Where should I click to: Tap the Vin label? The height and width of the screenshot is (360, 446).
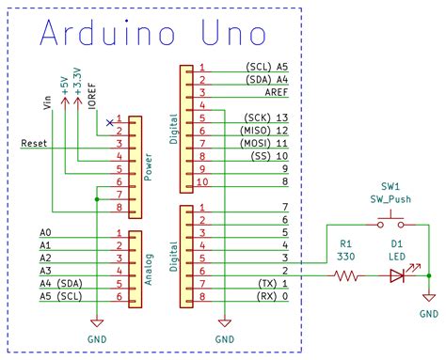tap(47, 101)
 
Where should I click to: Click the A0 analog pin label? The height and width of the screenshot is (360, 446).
tap(45, 232)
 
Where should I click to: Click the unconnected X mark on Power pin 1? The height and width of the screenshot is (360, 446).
tap(111, 121)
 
